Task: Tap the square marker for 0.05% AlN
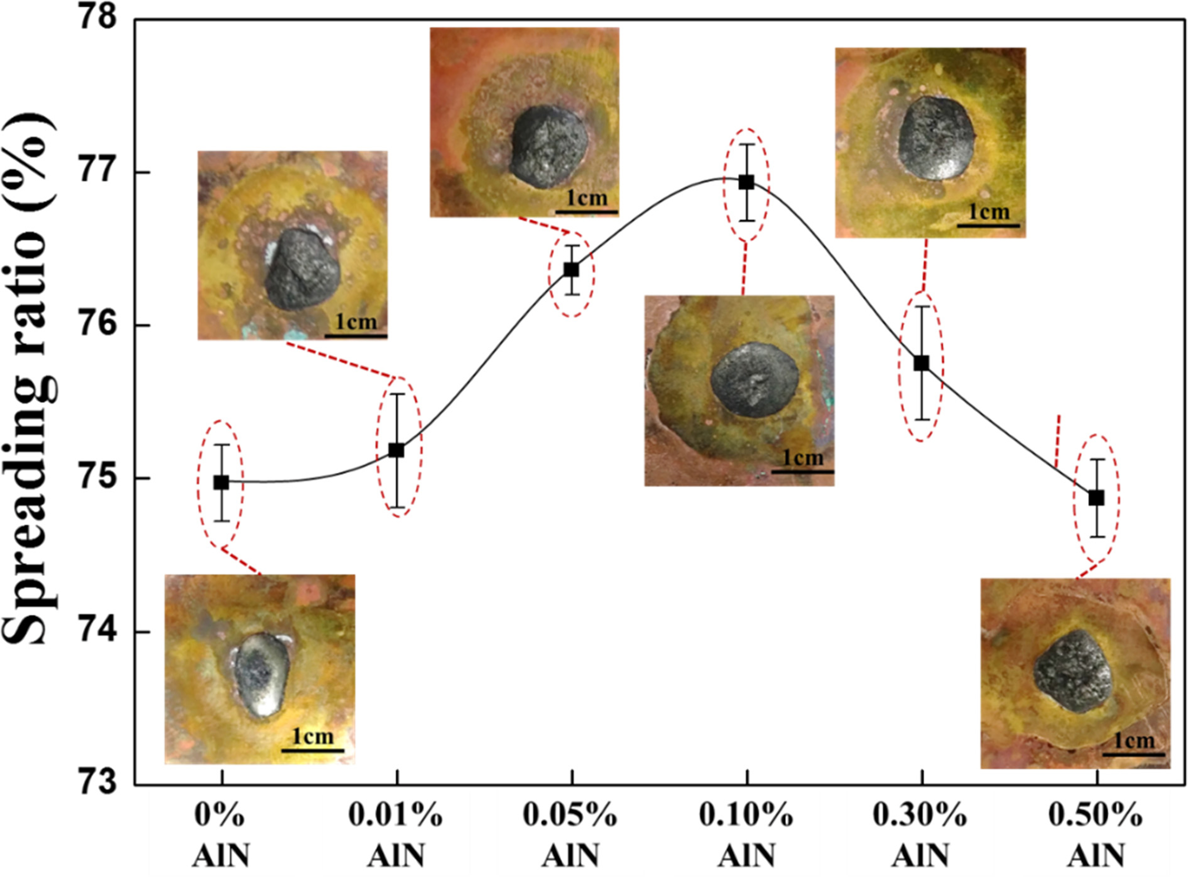click(x=571, y=270)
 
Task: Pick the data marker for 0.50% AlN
click(x=1096, y=498)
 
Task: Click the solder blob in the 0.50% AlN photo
click(x=1073, y=672)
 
